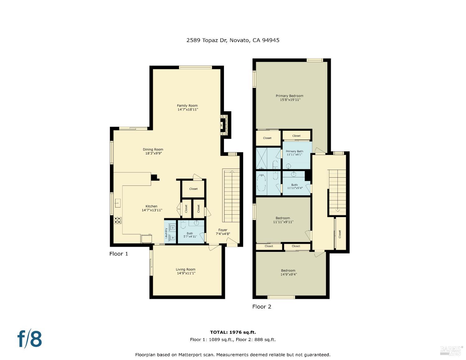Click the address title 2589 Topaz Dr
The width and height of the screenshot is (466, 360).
click(233, 40)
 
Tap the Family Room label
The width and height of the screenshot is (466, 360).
click(187, 106)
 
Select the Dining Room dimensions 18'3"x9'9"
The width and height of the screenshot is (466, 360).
click(153, 153)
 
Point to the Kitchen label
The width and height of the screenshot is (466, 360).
click(152, 206)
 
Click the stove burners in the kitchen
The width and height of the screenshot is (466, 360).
click(118, 220)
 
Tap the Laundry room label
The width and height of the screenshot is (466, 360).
click(167, 233)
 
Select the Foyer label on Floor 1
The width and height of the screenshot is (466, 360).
click(223, 230)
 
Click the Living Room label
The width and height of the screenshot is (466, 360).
click(185, 269)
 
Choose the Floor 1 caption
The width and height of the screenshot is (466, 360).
click(119, 254)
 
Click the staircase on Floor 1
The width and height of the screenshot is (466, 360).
click(231, 196)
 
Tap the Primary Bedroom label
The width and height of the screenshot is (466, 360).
click(290, 96)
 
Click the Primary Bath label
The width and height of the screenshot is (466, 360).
click(294, 151)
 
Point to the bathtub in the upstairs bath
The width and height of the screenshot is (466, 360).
click(262, 183)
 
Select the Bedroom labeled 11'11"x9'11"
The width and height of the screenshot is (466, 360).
click(283, 220)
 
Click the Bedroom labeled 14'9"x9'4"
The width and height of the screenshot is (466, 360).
click(288, 272)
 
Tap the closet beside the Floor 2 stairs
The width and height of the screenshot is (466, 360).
click(340, 233)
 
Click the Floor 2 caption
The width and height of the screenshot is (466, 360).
click(262, 307)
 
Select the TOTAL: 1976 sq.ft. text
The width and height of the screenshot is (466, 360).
click(233, 332)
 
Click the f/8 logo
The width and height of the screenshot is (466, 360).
click(30, 339)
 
